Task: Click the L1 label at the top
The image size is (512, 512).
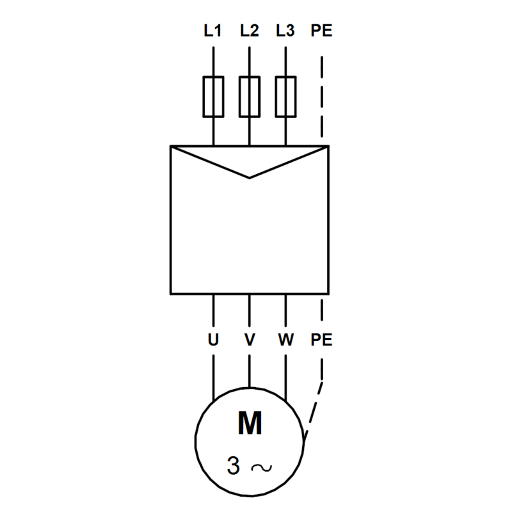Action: [x=212, y=31]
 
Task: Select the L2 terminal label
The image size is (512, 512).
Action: [x=250, y=31]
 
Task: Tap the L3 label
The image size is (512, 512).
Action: [x=285, y=31]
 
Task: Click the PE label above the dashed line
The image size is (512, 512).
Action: [x=321, y=31]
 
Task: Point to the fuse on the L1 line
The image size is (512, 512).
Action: [x=213, y=97]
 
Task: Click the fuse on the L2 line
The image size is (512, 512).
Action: [x=250, y=97]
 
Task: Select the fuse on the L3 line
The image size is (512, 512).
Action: [x=285, y=97]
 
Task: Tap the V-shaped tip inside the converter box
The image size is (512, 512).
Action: [x=250, y=178]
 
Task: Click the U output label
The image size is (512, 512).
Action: [x=213, y=340]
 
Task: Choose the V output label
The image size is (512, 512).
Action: [x=250, y=340]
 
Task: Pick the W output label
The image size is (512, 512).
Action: [x=285, y=340]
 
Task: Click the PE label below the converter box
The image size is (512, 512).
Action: [x=321, y=340]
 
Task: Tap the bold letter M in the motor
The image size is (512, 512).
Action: [x=250, y=423]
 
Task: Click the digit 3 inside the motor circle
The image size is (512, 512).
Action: [x=234, y=465]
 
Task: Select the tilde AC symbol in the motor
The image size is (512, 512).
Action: [x=261, y=468]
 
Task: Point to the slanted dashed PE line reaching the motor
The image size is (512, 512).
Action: [x=314, y=410]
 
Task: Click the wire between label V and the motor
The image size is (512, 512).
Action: [x=250, y=371]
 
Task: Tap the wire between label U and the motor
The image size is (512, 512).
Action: [x=213, y=378]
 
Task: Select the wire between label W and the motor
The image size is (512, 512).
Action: [x=285, y=378]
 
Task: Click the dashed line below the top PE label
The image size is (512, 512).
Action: [x=322, y=97]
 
